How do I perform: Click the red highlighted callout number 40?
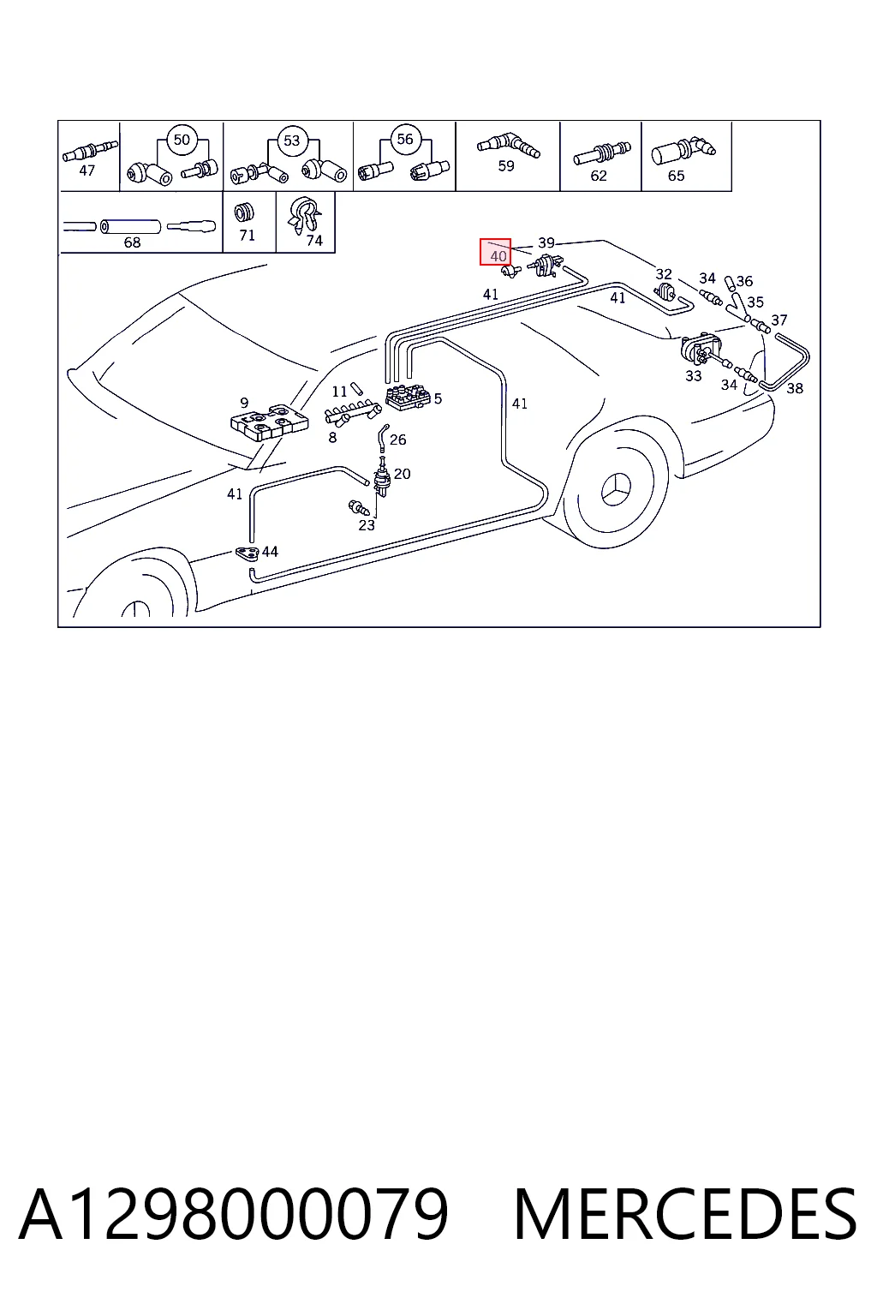(x=495, y=252)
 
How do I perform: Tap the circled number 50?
(x=182, y=140)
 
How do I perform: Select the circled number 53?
(x=291, y=140)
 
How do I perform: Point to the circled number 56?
(x=405, y=139)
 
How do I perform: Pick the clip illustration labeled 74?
(x=304, y=214)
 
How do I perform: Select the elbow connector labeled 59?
(x=508, y=146)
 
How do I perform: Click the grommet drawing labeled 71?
(x=244, y=212)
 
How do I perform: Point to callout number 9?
(x=244, y=403)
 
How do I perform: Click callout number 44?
(x=270, y=552)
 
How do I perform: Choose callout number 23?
(x=367, y=525)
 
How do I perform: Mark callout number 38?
(x=795, y=388)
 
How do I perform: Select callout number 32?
(x=664, y=274)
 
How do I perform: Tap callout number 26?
(x=397, y=440)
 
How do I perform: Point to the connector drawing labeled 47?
(x=89, y=152)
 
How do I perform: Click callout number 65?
(x=676, y=176)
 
